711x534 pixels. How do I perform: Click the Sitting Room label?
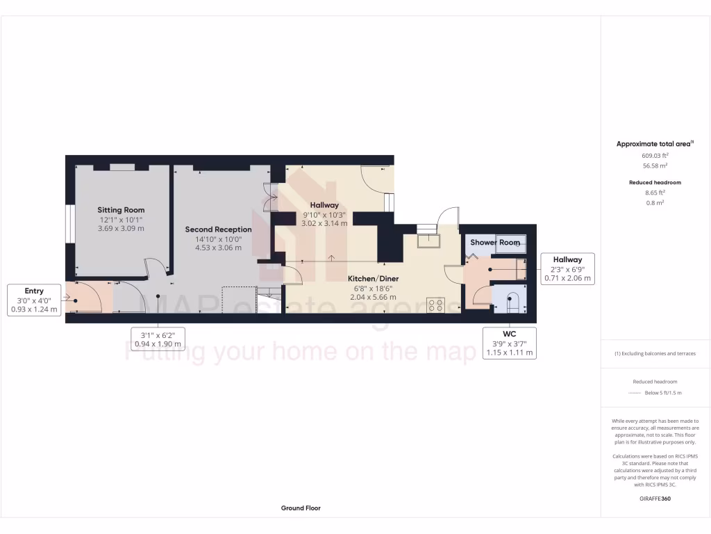point(121,210)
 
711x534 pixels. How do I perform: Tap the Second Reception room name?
point(218,229)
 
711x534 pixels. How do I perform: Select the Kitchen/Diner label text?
point(373,278)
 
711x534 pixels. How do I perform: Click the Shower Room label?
point(494,242)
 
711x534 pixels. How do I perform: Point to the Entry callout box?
point(34,300)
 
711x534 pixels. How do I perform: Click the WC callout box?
point(510,343)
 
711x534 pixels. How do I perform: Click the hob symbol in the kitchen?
point(435,305)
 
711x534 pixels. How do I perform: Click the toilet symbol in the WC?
point(513,300)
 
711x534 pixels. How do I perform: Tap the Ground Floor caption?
point(301,508)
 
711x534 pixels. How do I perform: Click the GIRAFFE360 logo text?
point(655,499)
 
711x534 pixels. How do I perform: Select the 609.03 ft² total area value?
point(655,156)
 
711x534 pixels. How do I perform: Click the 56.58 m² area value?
point(655,166)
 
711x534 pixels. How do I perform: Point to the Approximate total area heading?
point(654,144)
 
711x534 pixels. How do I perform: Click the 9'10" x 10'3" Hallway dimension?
point(324,214)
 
